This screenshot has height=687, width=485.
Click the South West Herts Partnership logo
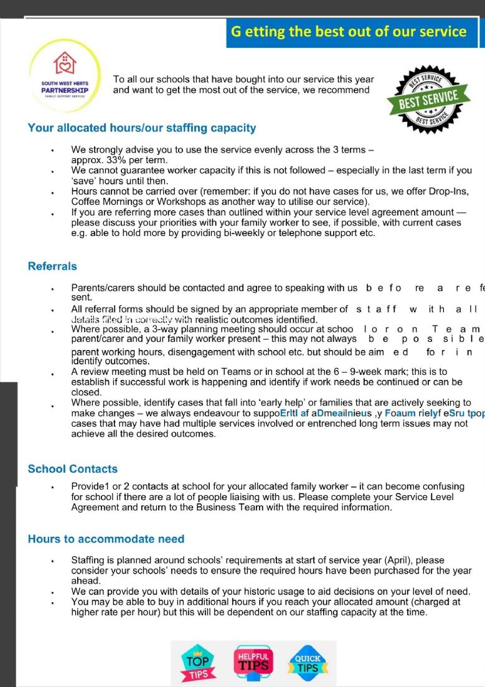point(65,76)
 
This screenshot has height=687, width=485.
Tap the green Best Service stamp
point(428,98)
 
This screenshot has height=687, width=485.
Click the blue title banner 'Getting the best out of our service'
point(349,32)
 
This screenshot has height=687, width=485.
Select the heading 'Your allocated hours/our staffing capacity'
point(142,128)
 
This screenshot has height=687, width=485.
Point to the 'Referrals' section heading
point(52,267)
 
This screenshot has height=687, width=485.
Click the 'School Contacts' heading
point(73,469)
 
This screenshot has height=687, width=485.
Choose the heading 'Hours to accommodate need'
point(106,539)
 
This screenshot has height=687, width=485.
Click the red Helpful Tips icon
point(253,661)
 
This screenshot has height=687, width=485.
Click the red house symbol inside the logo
point(65,62)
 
